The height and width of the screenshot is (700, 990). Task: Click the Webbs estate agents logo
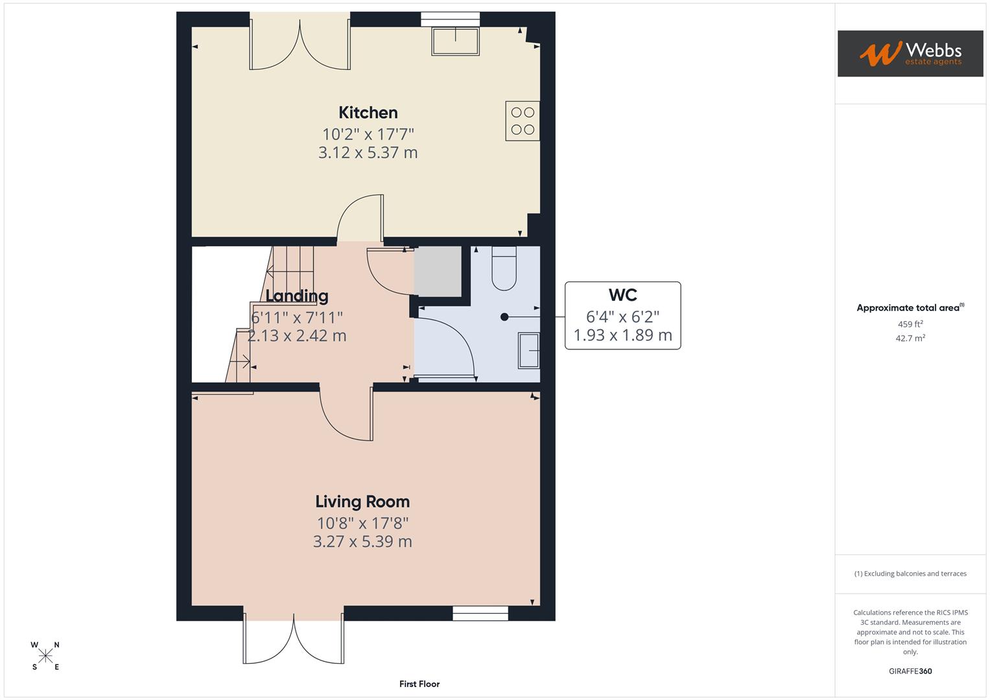[910, 53]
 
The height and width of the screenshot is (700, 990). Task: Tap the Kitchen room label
[368, 113]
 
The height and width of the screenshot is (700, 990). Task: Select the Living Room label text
[362, 502]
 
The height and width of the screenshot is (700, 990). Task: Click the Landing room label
[297, 296]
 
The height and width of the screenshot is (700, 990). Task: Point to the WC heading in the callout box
[622, 296]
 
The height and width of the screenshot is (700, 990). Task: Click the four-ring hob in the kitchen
[523, 121]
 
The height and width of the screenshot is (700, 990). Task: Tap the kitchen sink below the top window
[455, 41]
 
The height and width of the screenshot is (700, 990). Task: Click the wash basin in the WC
[529, 351]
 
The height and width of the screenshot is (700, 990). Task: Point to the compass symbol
[45, 656]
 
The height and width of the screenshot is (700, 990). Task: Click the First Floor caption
[419, 684]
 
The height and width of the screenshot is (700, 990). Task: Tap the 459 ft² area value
[910, 324]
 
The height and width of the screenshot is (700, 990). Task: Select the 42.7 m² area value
[910, 338]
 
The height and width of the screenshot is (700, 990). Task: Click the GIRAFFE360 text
[910, 671]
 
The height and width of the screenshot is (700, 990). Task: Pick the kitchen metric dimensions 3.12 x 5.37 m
[368, 153]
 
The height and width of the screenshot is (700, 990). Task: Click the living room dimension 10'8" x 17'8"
[362, 523]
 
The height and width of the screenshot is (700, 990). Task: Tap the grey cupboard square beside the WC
[438, 272]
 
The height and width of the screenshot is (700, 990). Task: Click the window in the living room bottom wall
[480, 613]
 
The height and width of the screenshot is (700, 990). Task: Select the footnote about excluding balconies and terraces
[910, 574]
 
